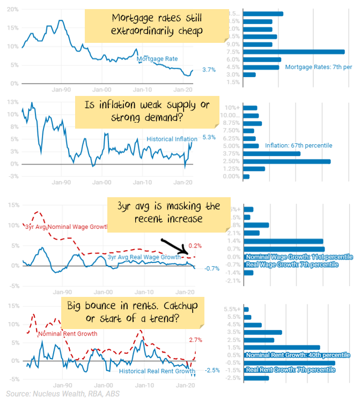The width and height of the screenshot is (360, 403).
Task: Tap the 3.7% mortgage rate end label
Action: pos(209,70)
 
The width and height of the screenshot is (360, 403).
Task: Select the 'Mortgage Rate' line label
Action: pos(157,59)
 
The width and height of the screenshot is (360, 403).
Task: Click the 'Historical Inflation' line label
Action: pos(172,139)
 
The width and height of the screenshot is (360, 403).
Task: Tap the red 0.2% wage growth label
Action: pos(195,245)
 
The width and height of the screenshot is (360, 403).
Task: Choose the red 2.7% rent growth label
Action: pos(196,340)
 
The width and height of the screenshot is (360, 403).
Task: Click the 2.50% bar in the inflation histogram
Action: pos(287,161)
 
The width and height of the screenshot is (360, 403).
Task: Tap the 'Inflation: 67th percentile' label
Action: pos(298,145)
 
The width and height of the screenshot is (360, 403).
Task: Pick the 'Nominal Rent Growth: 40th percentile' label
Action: pos(298,355)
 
